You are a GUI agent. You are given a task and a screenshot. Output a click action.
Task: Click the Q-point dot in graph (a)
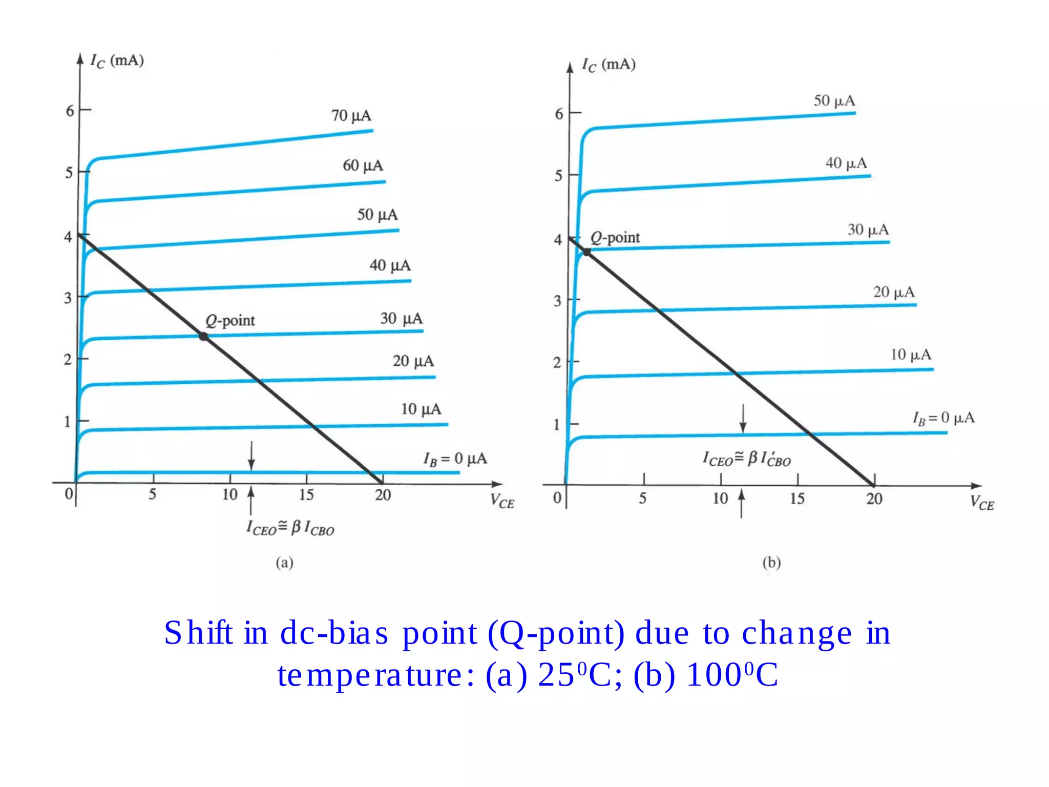pyautogui.click(x=203, y=337)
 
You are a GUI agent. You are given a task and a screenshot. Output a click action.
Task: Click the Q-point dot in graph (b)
pyautogui.click(x=587, y=252)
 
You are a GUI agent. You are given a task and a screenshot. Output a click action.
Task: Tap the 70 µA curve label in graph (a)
pyautogui.click(x=351, y=115)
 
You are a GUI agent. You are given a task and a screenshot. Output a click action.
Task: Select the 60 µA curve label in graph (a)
pyautogui.click(x=363, y=165)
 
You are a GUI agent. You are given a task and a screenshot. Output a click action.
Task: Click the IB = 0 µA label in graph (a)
pyautogui.click(x=455, y=459)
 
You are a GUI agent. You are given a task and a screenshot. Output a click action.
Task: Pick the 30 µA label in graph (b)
pyautogui.click(x=868, y=230)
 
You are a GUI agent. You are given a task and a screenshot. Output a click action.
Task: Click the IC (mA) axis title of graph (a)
pyautogui.click(x=117, y=61)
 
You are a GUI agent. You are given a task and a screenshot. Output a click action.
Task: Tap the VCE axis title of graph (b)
pyautogui.click(x=981, y=503)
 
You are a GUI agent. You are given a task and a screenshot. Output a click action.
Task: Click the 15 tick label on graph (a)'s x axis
pyautogui.click(x=306, y=495)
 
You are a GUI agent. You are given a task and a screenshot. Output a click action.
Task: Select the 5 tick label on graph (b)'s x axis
pyautogui.click(x=642, y=499)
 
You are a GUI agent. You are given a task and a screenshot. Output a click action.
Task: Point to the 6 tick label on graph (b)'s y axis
pyautogui.click(x=559, y=114)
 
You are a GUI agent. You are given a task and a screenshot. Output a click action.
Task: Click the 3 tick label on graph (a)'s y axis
pyautogui.click(x=68, y=298)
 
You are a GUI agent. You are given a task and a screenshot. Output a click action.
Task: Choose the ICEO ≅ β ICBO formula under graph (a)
pyautogui.click(x=290, y=528)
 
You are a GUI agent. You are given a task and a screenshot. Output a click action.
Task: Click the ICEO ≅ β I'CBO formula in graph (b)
pyautogui.click(x=746, y=459)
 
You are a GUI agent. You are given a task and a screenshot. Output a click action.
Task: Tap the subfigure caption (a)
pyautogui.click(x=284, y=563)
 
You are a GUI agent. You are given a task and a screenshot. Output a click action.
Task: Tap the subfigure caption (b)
pyautogui.click(x=771, y=563)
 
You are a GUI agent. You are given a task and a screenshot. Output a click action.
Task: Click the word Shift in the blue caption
pyautogui.click(x=198, y=633)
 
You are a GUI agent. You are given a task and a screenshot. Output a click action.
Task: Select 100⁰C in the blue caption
pyautogui.click(x=732, y=675)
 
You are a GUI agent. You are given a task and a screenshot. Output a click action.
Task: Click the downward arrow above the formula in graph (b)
pyautogui.click(x=743, y=419)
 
